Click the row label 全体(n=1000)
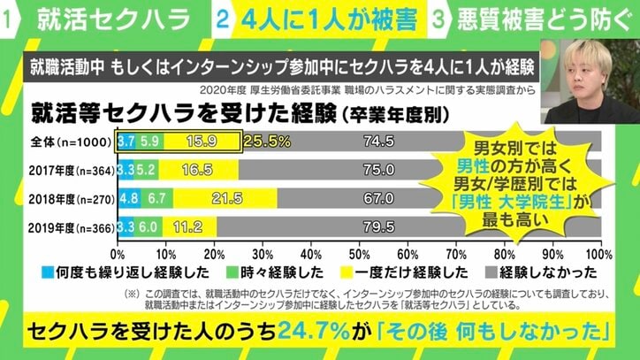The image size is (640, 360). point(71,141)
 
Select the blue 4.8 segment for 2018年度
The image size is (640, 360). point(128,196)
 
